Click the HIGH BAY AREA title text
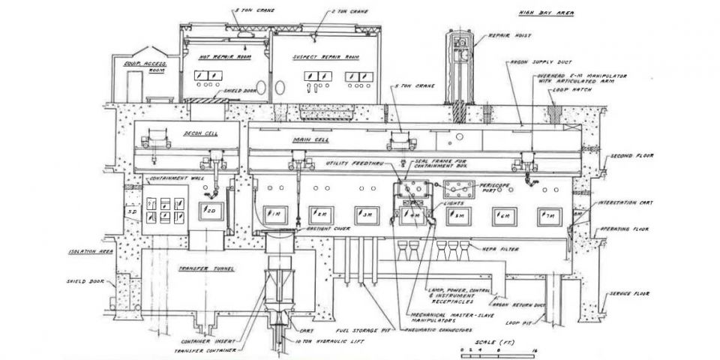(542, 13)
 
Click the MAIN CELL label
(307, 140)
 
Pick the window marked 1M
(275, 214)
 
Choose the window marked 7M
(549, 215)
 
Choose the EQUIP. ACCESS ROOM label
(145, 67)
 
